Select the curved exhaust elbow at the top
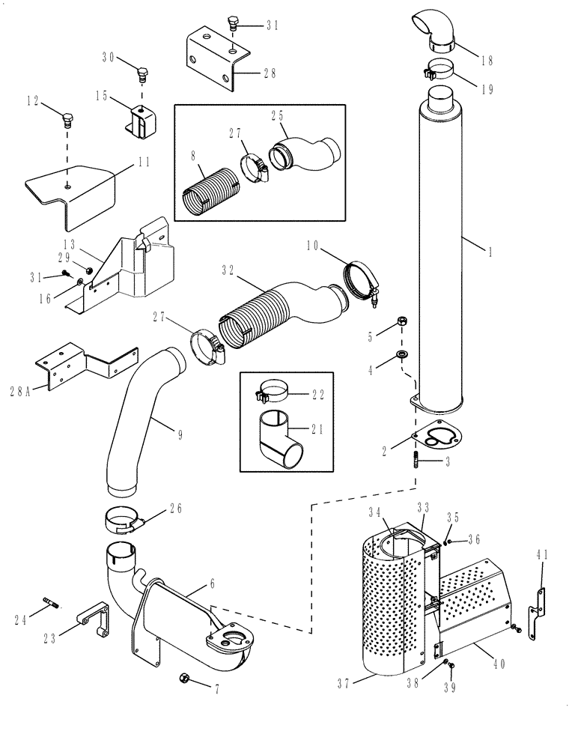coord(431,33)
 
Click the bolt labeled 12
coord(67,118)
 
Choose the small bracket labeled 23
coord(94,616)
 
